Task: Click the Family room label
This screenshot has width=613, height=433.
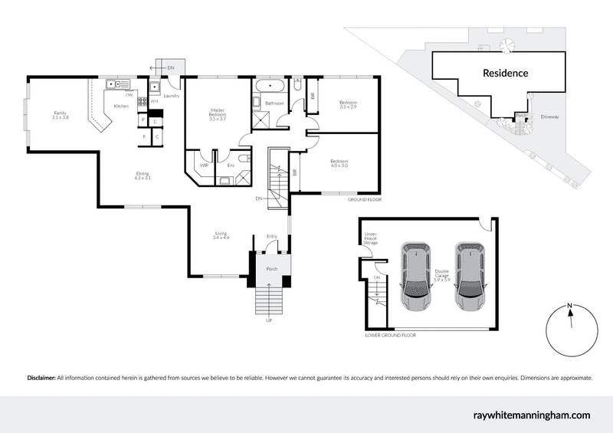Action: point(60,115)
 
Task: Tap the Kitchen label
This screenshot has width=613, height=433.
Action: point(121,106)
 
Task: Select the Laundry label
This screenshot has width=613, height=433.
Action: point(171,96)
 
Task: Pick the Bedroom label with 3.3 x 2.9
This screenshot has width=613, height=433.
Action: point(348,105)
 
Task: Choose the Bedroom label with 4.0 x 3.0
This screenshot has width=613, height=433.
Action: point(339,163)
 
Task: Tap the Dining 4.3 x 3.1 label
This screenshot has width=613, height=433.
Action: point(143,175)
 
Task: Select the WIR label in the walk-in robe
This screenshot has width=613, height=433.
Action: point(205,165)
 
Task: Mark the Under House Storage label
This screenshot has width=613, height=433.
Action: point(371,238)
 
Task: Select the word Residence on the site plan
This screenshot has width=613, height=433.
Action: point(505,74)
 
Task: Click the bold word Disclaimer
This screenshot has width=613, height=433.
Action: point(41,378)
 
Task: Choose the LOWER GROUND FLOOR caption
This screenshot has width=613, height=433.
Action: point(392,335)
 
